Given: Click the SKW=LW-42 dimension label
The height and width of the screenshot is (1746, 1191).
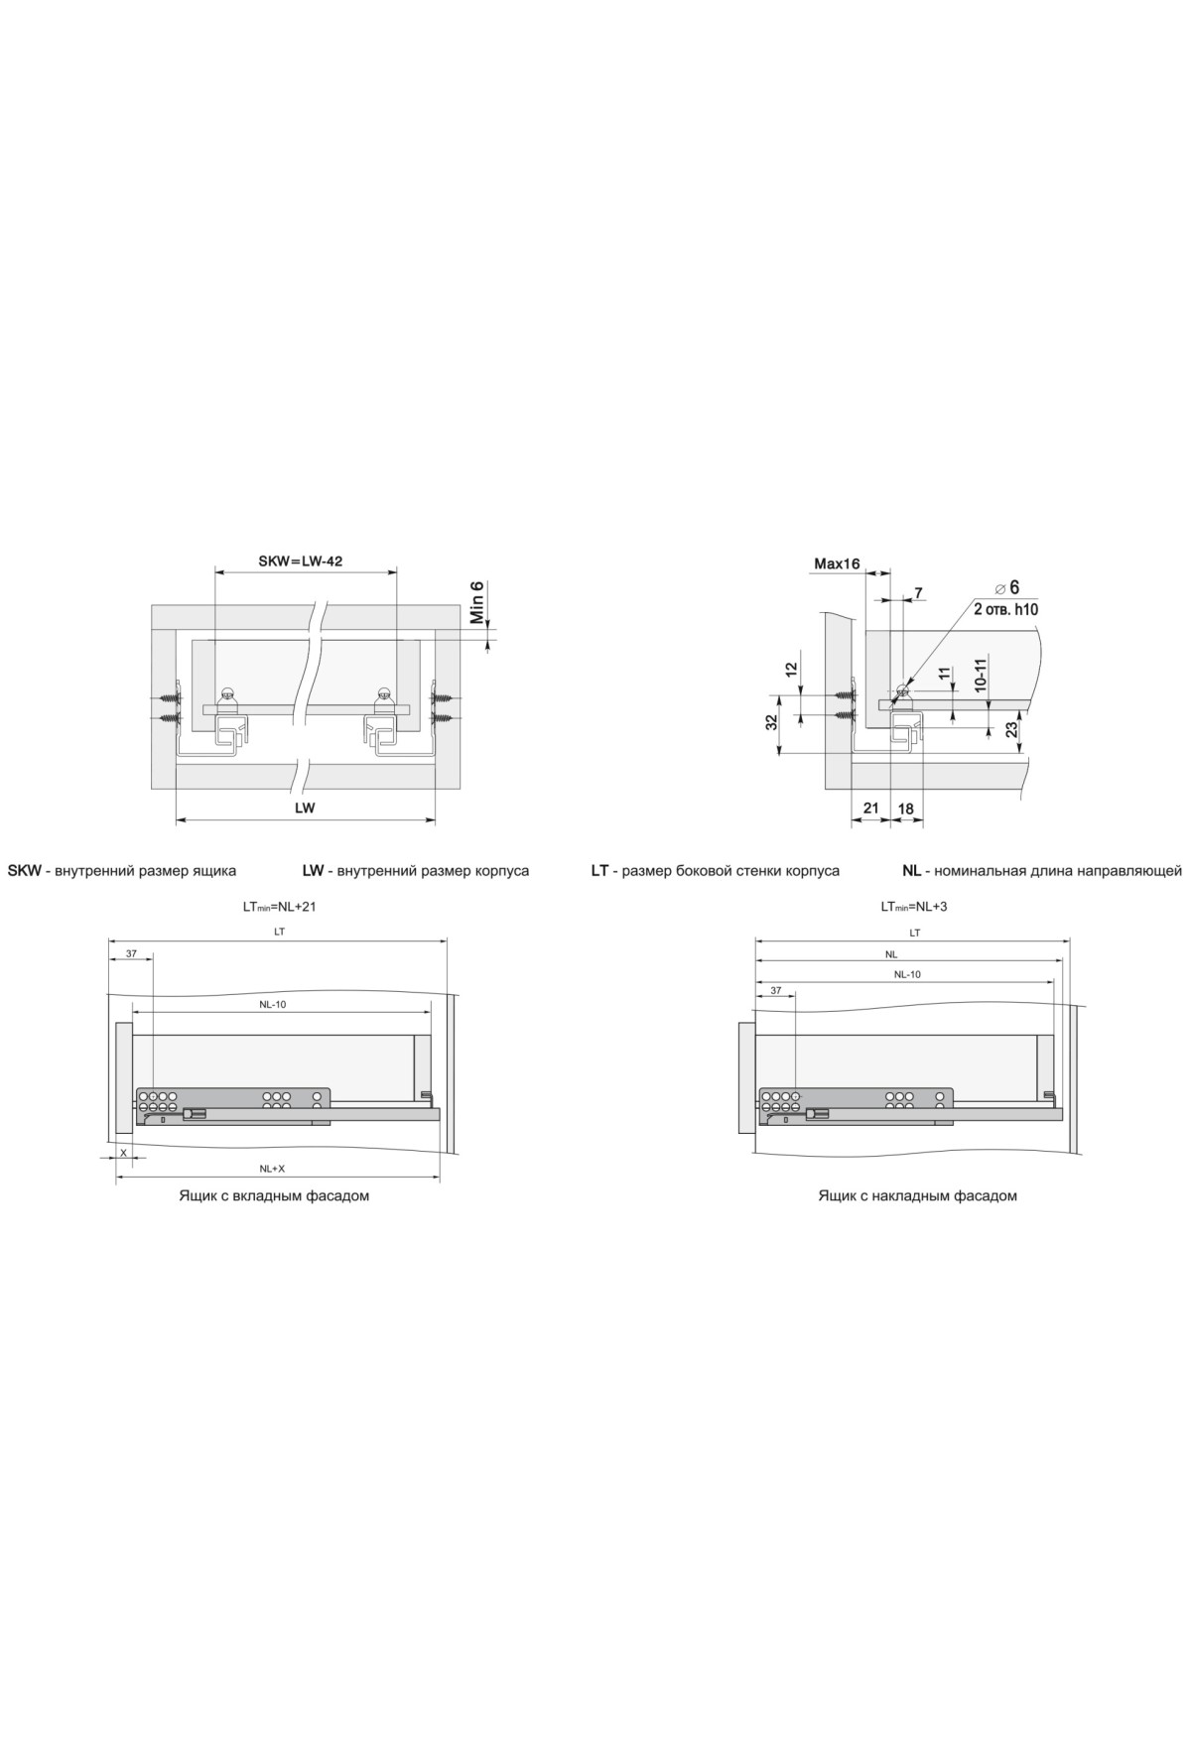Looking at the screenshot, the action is pyautogui.click(x=301, y=561).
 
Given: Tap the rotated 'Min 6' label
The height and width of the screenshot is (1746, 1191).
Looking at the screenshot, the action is pyautogui.click(x=476, y=602).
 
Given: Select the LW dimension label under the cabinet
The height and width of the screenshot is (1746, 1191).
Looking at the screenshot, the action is pyautogui.click(x=305, y=808).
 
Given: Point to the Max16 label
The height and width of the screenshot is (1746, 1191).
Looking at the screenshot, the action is pyautogui.click(x=837, y=563).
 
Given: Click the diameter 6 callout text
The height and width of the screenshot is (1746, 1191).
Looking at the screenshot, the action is pyautogui.click(x=1008, y=587).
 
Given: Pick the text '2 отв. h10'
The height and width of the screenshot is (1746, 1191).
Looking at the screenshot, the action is pyautogui.click(x=1005, y=609).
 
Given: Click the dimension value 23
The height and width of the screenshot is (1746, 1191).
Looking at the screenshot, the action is pyautogui.click(x=1010, y=729).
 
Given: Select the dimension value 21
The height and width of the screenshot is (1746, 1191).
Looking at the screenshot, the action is pyautogui.click(x=870, y=808).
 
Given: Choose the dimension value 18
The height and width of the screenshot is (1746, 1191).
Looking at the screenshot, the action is pyautogui.click(x=905, y=808).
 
